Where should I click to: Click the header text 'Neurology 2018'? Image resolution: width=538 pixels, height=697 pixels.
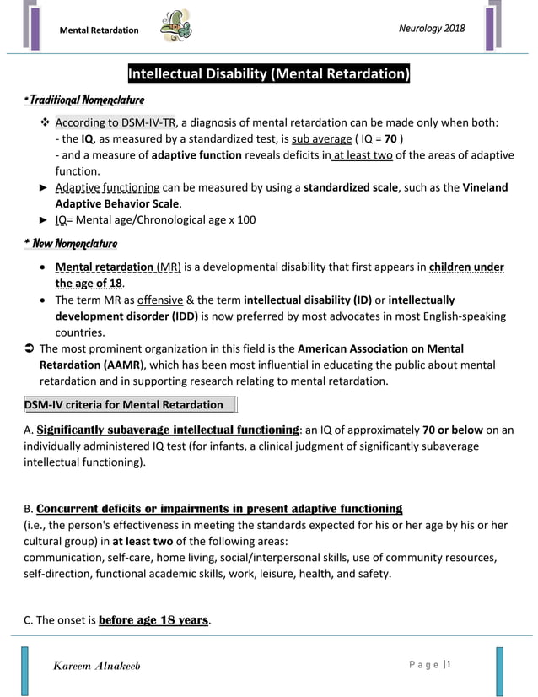point(431,29)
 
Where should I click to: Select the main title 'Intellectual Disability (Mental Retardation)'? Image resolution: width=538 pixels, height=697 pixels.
point(268,74)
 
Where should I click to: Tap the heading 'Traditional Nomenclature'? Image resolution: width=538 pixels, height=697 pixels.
point(84,100)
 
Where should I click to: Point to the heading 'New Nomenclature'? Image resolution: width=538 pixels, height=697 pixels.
point(71,244)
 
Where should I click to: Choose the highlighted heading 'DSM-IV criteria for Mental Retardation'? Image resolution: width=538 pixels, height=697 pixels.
point(123,405)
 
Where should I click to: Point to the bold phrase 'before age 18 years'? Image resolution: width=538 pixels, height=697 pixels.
point(153,620)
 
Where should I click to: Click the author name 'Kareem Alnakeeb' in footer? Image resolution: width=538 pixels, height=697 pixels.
point(97,666)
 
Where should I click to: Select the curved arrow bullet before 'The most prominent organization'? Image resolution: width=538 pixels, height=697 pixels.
point(29,348)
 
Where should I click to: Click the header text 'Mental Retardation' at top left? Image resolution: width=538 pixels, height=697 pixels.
point(99,30)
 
